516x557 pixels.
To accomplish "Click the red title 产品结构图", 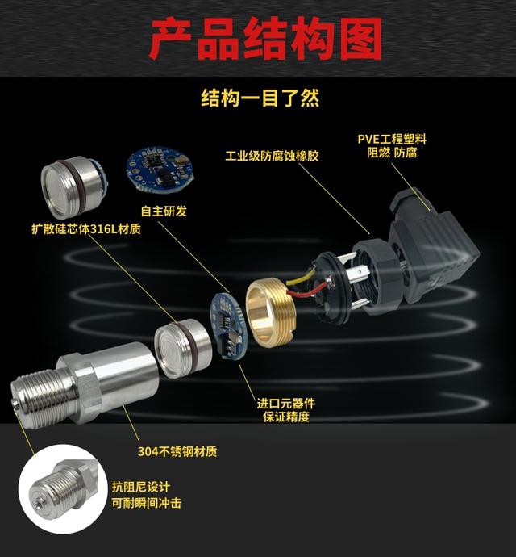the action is click(265, 39).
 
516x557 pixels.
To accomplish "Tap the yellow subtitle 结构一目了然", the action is click(260, 98).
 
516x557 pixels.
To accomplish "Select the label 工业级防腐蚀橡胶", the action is click(273, 156).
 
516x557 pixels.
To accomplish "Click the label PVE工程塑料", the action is click(392, 139).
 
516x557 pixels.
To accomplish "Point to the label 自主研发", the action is click(164, 211).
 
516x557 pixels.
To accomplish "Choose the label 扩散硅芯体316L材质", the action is click(86, 228).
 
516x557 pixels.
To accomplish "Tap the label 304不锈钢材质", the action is click(177, 451).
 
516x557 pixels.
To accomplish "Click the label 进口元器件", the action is click(286, 403).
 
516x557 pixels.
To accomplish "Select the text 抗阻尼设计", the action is click(141, 487).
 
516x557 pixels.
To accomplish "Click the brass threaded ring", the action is click(270, 312).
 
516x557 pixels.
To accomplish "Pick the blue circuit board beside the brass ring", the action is click(228, 326).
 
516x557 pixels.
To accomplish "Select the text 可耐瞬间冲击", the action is click(147, 503).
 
